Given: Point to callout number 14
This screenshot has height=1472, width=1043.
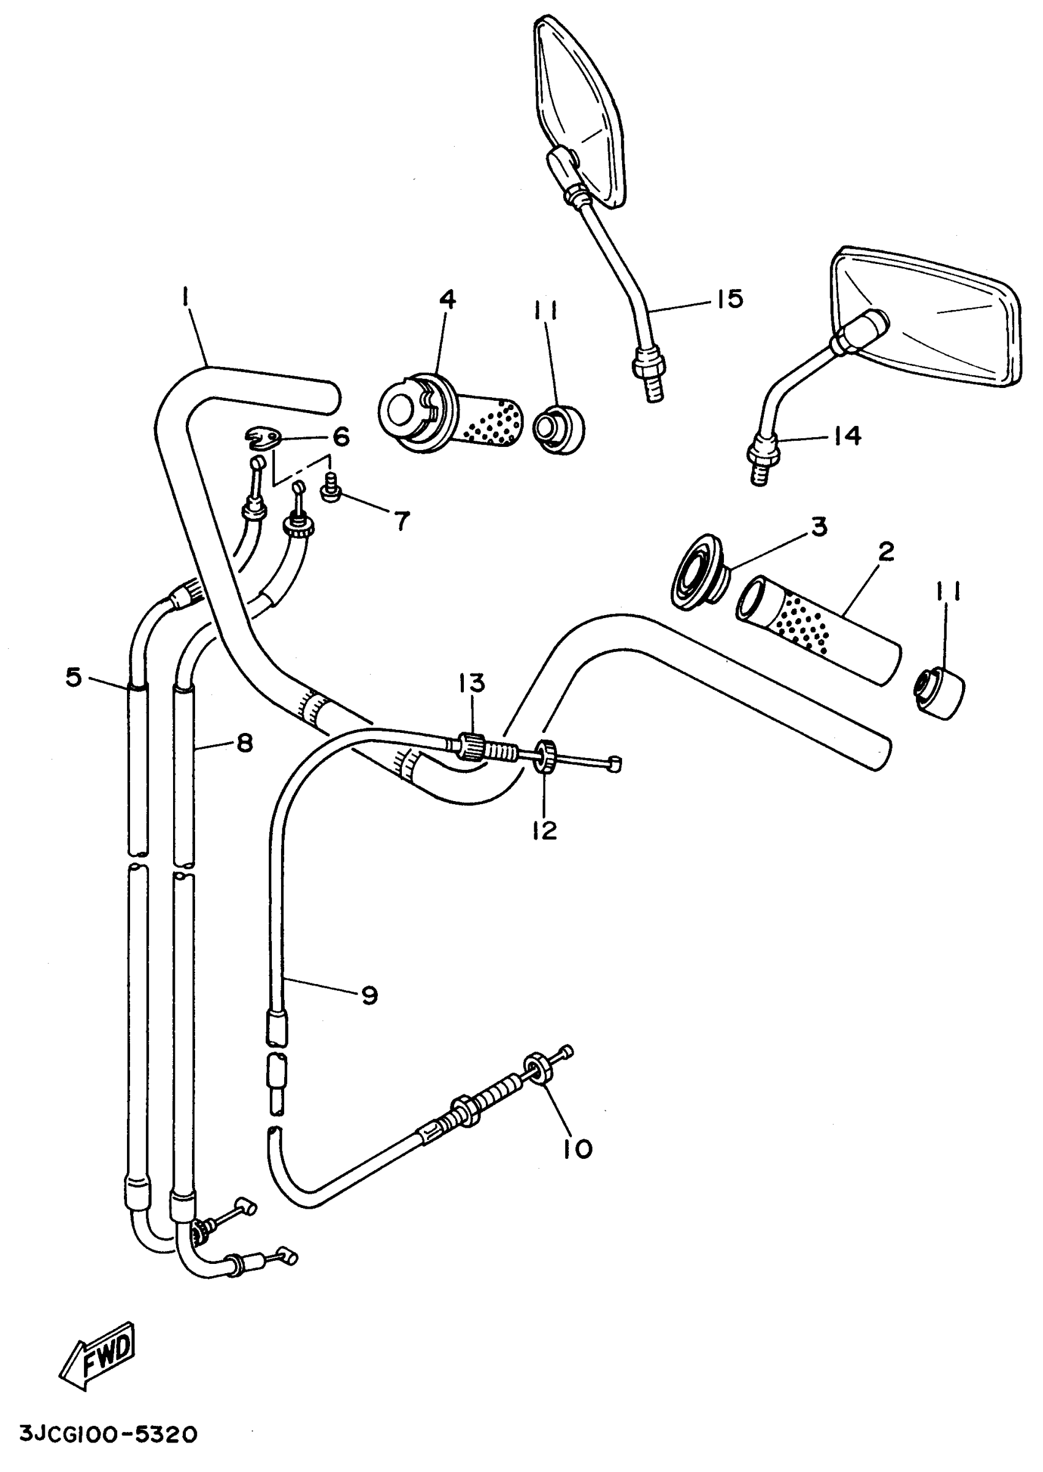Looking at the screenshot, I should click(847, 437).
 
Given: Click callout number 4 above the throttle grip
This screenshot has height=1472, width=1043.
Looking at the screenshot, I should click(447, 300).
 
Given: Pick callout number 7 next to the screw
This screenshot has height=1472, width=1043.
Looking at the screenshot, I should click(401, 521).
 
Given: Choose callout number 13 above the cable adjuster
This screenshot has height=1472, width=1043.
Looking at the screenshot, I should click(472, 684).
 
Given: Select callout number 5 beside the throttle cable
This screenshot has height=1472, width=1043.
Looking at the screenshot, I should click(74, 676).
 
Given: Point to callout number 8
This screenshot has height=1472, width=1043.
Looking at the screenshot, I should click(245, 743).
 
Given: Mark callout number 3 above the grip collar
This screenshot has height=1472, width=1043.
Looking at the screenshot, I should click(818, 527).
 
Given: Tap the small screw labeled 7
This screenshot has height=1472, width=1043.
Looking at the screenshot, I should click(330, 493).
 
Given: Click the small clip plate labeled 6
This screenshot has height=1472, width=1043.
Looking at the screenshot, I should click(264, 439).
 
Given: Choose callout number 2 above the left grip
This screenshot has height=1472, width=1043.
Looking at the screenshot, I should click(886, 552).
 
